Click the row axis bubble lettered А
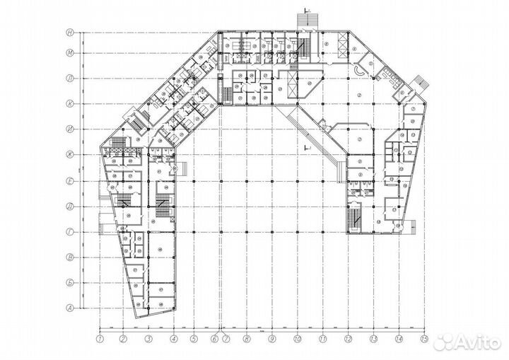tap(71, 307)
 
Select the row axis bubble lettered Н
tap(71, 32)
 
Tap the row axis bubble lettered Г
tap(71, 231)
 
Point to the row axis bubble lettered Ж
tap(71, 154)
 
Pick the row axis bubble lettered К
tap(71, 103)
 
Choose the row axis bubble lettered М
tap(71, 52)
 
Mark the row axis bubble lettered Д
tap(71, 206)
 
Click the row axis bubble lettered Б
tap(71, 282)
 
